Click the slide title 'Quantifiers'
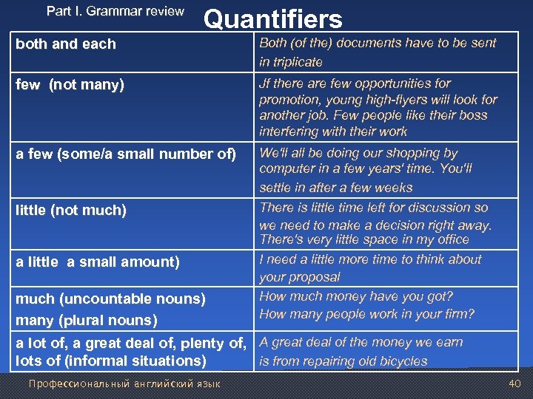click(273, 19)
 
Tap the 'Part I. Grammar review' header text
click(115, 11)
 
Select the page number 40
click(514, 383)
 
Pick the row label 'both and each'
click(66, 44)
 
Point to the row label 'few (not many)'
click(70, 85)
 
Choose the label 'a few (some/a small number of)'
click(126, 154)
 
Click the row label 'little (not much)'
click(71, 211)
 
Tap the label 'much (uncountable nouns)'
click(110, 299)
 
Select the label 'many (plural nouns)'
click(87, 321)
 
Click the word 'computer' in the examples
click(286, 169)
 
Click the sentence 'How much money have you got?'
click(356, 296)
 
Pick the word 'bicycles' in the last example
click(400, 361)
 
